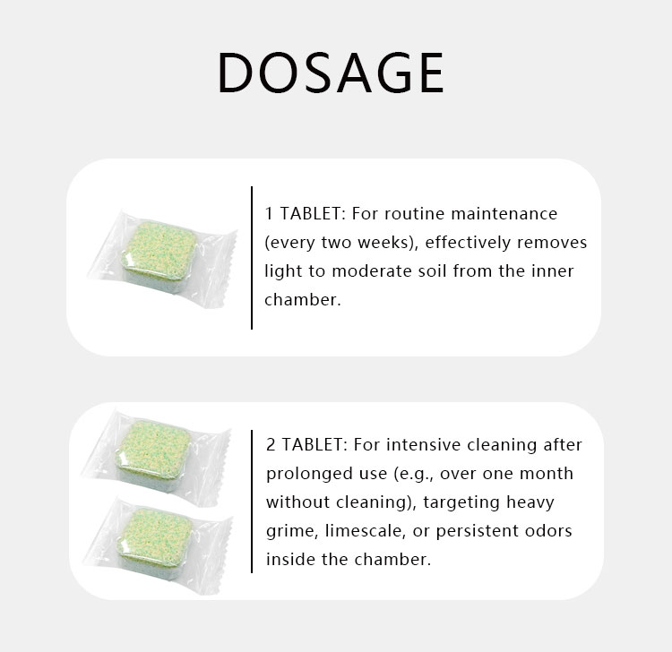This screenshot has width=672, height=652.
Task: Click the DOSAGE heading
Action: (x=331, y=73)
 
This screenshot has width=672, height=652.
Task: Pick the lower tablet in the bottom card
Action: (x=159, y=533)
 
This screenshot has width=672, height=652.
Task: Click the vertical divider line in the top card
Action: (x=252, y=258)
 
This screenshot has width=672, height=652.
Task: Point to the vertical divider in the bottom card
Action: (x=252, y=502)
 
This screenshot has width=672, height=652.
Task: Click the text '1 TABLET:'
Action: (x=305, y=214)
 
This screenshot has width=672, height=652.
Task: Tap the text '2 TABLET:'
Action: (x=306, y=445)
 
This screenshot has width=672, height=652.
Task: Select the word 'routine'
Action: (x=412, y=214)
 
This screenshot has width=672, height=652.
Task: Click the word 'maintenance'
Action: (x=506, y=214)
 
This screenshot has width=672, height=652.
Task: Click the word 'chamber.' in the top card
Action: (x=303, y=300)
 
